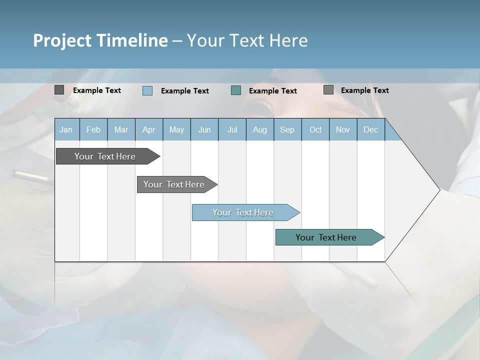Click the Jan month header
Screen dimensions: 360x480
click(66, 130)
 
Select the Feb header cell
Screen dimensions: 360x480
click(93, 130)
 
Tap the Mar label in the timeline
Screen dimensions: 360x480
click(121, 130)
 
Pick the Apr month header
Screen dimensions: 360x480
click(148, 130)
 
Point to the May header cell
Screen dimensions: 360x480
click(176, 130)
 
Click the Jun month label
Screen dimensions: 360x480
click(204, 130)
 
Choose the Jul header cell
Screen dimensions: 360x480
click(232, 130)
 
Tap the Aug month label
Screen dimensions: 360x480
click(259, 130)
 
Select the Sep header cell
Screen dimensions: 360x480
click(287, 130)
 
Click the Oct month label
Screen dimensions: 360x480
click(315, 130)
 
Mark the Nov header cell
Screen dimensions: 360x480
click(343, 130)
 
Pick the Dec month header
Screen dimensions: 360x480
click(370, 130)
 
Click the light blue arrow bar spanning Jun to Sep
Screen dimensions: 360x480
click(243, 212)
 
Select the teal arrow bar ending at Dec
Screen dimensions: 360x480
click(326, 237)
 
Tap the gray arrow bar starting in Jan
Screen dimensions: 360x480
click(105, 156)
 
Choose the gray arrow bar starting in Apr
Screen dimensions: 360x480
click(174, 184)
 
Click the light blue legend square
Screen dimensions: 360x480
click(147, 90)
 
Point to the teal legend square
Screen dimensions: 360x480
click(236, 90)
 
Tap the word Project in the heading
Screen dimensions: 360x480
click(62, 40)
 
